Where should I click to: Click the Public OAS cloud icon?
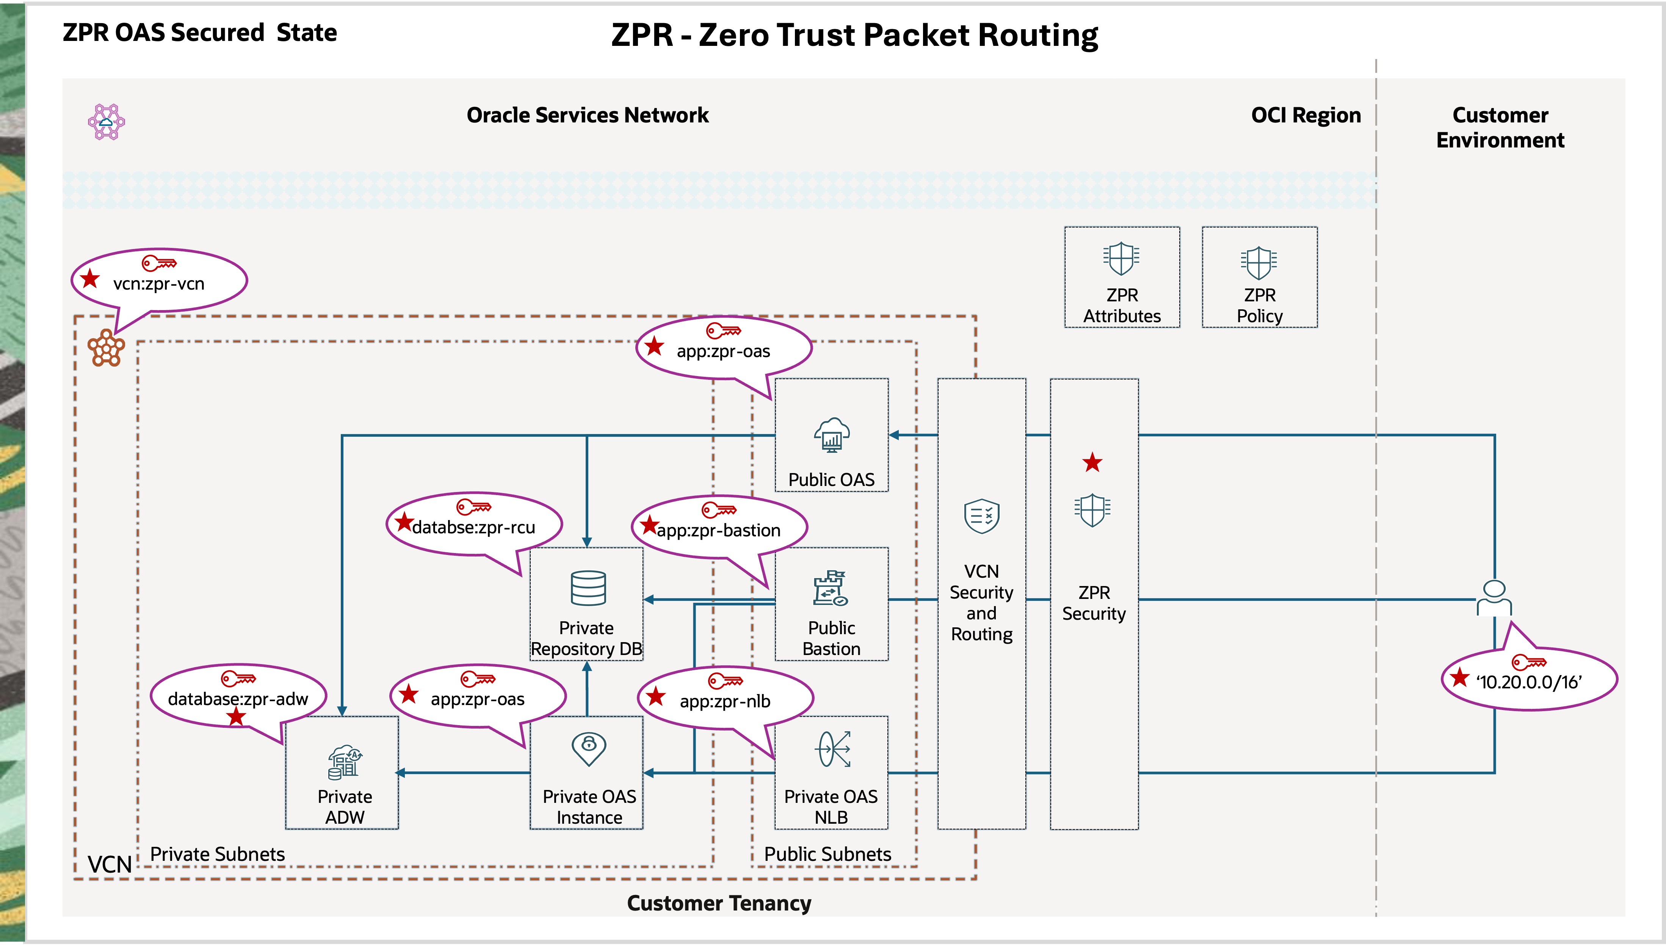coord(831,434)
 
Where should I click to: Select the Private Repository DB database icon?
coord(588,588)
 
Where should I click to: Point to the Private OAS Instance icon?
coord(589,748)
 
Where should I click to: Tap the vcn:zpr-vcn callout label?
coord(158,284)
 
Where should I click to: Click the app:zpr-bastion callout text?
coord(718,530)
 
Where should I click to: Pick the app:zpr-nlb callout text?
coord(725,701)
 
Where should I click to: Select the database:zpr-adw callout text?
coord(238,699)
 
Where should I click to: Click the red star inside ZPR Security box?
coord(1092,463)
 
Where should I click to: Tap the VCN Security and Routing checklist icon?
coord(981,516)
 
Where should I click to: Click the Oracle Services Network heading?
coord(587,115)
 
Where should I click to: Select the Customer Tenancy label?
coord(718,903)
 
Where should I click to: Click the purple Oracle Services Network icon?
coord(107,121)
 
